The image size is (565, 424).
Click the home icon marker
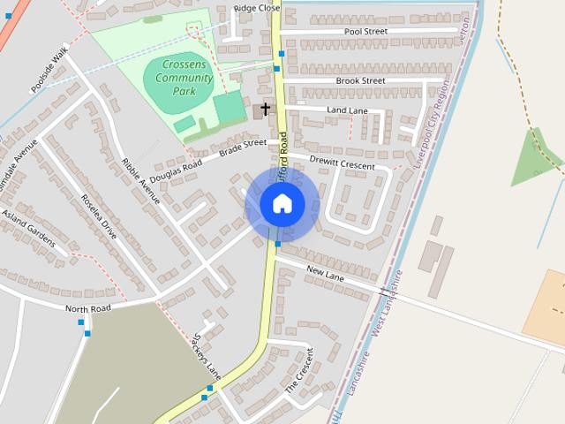point(282,204)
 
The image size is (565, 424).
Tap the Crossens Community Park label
point(184,84)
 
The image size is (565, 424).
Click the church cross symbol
point(265,110)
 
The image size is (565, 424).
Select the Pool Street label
point(365,31)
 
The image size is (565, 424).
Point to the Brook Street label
point(360,80)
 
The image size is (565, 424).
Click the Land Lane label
point(347,110)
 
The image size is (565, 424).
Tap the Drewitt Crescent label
point(342,164)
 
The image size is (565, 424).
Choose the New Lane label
point(325,276)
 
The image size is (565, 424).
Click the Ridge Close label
point(257,8)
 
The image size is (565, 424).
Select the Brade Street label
point(242,148)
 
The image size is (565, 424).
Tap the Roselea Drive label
point(98,217)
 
